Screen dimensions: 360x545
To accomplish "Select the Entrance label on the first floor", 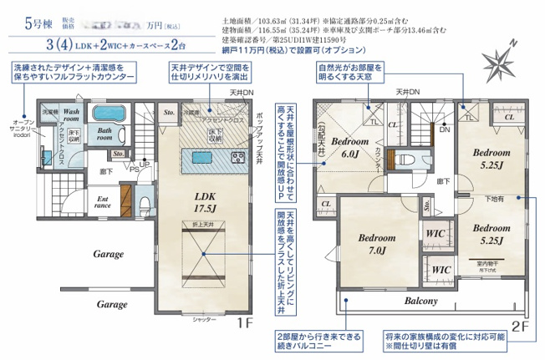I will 103,201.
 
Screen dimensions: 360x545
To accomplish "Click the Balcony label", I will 421,301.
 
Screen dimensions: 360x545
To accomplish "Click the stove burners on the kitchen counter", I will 236,156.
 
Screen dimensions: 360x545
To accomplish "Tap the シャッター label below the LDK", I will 202,319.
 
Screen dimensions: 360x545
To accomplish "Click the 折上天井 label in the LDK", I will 201,226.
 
